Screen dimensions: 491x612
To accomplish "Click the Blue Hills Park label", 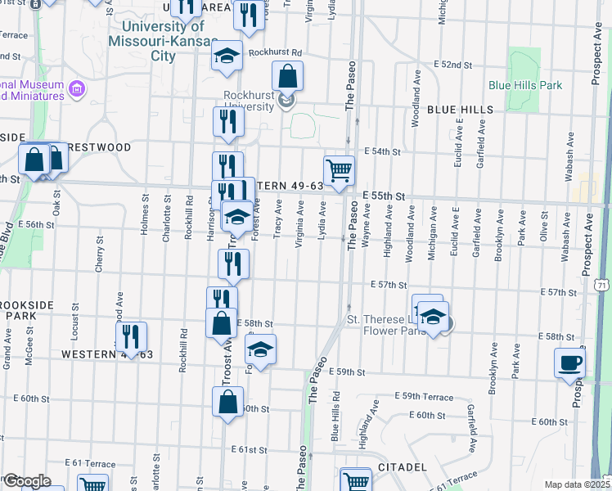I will [x=525, y=85].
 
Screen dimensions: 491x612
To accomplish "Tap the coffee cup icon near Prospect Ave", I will [x=569, y=363].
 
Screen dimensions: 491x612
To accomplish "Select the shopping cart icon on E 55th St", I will [x=339, y=170].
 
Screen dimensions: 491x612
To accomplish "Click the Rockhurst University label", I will [x=250, y=101].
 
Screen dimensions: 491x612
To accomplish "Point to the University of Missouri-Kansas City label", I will [x=164, y=42].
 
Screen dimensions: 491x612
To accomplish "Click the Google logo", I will [x=26, y=480].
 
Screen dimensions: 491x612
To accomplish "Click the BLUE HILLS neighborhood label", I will [x=459, y=110].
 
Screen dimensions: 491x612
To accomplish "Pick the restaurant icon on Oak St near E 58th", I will [x=130, y=336].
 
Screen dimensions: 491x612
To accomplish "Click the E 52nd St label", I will [x=453, y=65].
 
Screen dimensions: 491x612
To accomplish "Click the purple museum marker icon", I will [x=78, y=88].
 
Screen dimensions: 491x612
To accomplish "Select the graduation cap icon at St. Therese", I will [x=434, y=318].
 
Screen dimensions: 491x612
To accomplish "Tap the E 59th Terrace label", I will [x=422, y=397].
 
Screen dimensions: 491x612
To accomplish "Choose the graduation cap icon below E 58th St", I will [x=261, y=349].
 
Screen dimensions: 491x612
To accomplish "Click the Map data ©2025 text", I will [x=576, y=484].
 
